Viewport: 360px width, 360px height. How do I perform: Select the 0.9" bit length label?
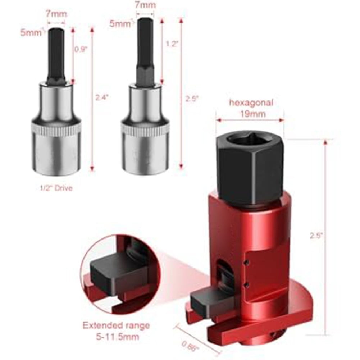[81, 49]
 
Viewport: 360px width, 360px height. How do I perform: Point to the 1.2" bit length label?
[172, 44]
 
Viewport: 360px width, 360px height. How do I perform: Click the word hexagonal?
[251, 102]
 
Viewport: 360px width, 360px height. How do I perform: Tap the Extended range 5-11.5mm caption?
[116, 331]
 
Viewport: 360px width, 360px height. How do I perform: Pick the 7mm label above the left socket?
[56, 14]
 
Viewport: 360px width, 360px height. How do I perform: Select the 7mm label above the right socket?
[145, 5]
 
